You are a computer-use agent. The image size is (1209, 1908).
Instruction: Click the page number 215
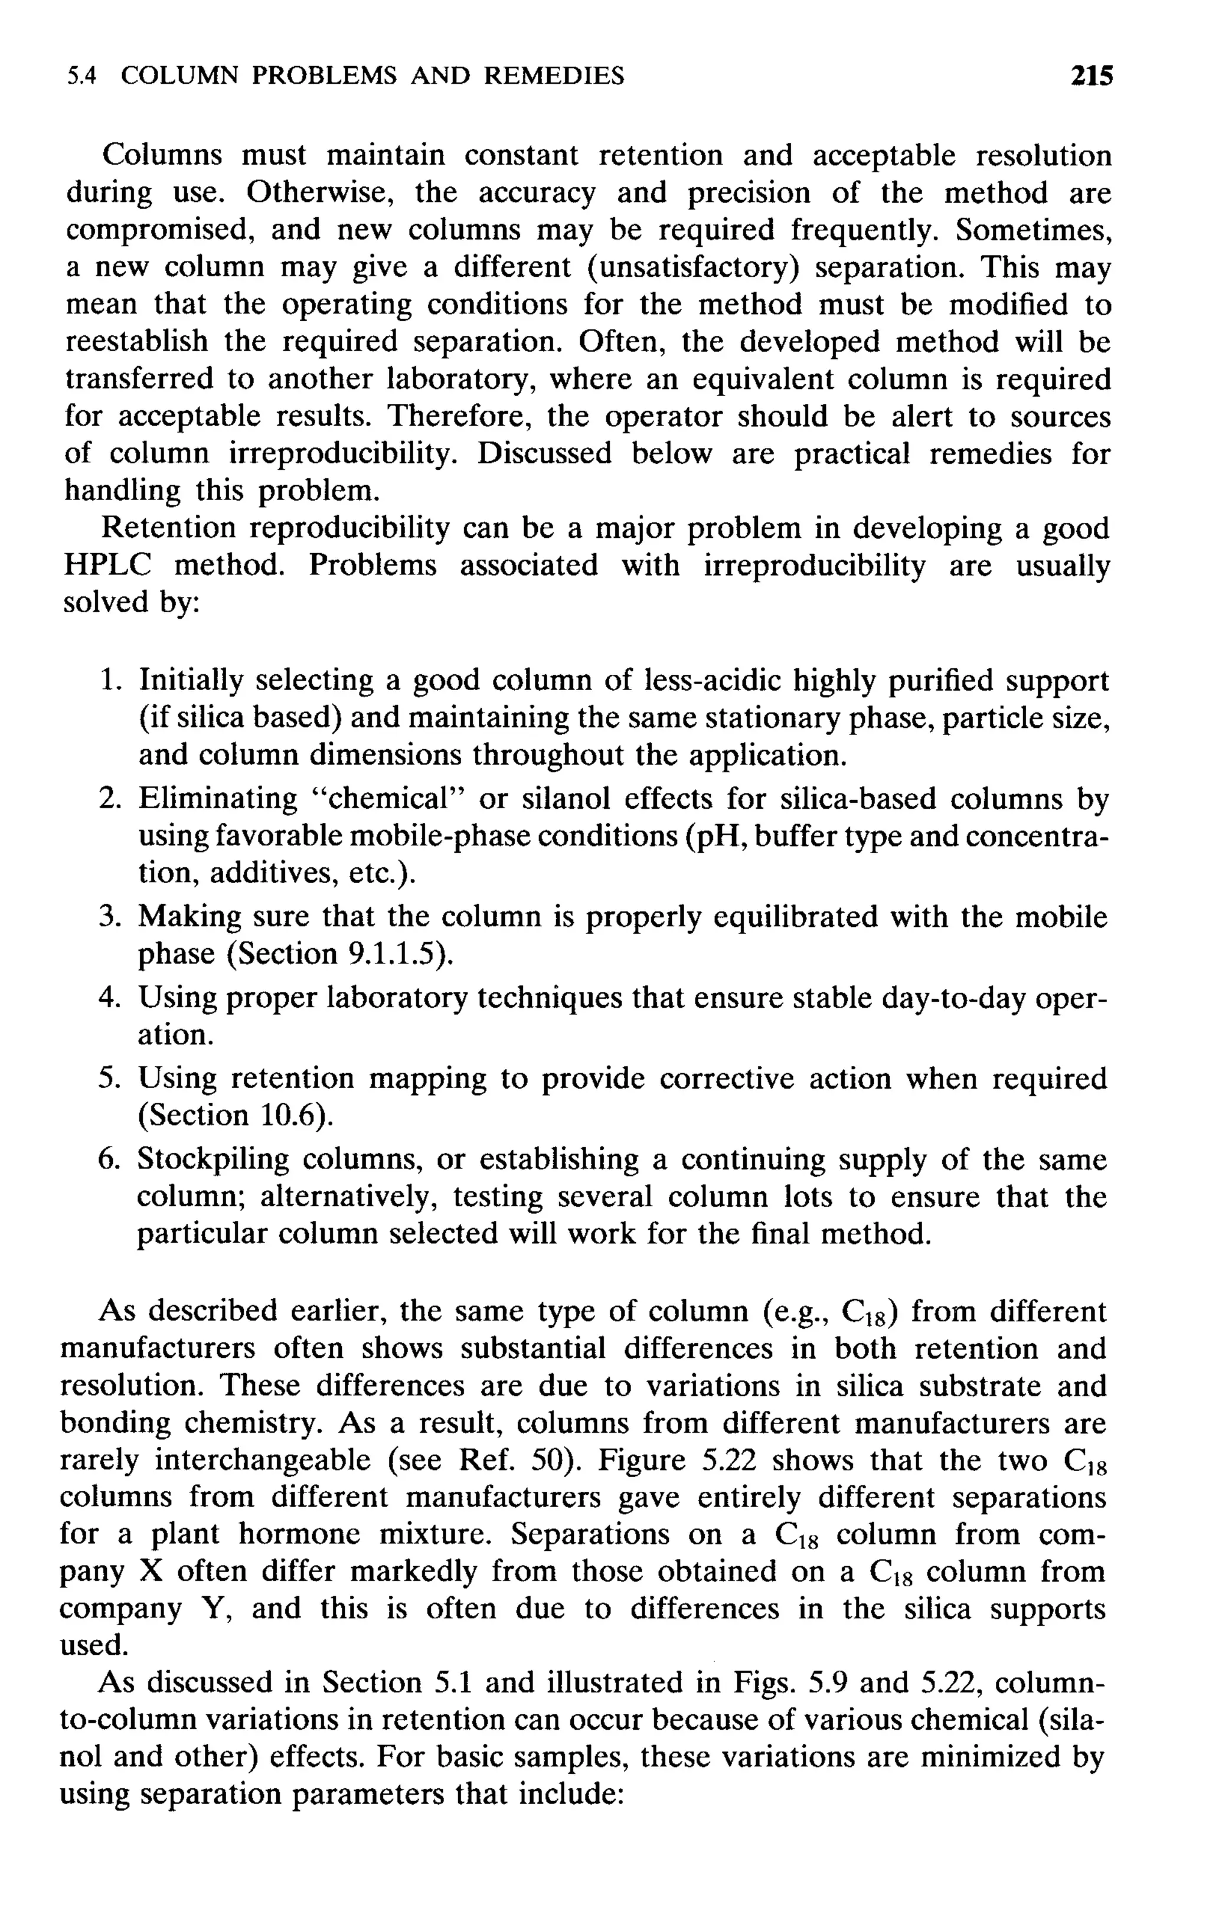[1091, 76]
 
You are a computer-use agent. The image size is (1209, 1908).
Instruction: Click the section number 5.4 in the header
[81, 76]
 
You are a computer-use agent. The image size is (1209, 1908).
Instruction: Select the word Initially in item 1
[191, 681]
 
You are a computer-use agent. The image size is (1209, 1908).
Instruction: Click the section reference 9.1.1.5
[391, 955]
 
